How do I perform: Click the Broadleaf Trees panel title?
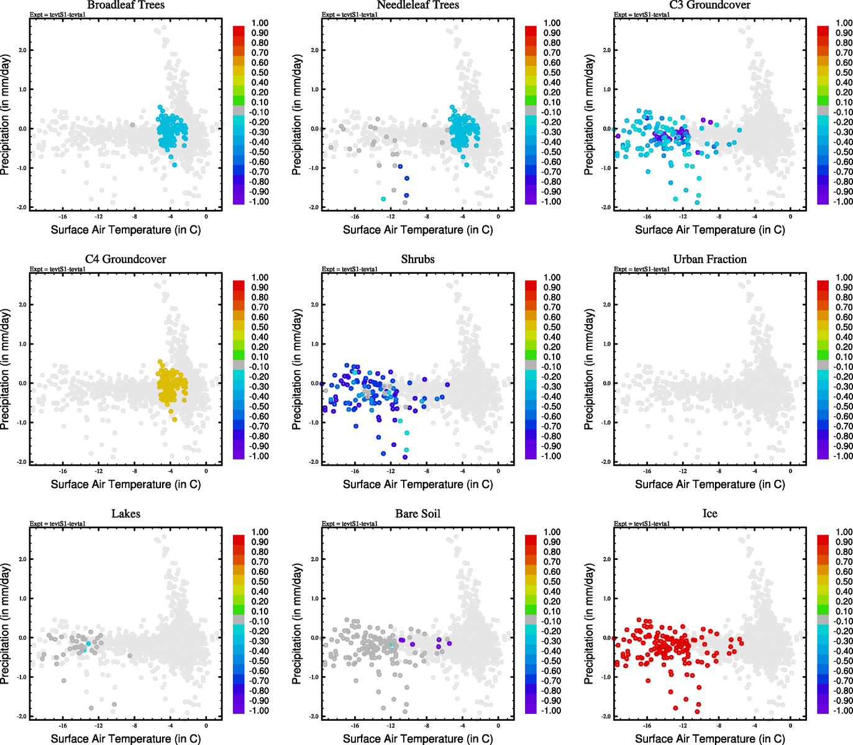click(125, 5)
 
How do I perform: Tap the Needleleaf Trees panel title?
click(417, 5)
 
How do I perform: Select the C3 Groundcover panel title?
click(709, 5)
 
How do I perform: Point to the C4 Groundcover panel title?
click(125, 259)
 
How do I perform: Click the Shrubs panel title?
click(417, 259)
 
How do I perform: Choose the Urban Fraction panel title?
click(709, 259)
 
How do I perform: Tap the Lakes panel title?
click(125, 513)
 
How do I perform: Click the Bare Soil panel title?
click(417, 513)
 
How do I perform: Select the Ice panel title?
click(709, 513)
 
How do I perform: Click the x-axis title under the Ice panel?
click(709, 738)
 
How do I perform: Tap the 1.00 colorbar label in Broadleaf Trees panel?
click(260, 23)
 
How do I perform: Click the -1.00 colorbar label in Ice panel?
click(843, 710)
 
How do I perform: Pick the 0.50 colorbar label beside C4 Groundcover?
click(260, 327)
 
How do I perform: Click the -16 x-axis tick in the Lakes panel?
click(63, 725)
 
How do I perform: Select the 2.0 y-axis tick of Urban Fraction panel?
click(606, 305)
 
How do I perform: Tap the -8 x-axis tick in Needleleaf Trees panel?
click(427, 217)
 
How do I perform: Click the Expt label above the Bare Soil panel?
click(350, 523)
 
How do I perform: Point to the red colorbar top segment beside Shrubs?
click(531, 285)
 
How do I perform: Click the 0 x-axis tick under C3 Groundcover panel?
click(790, 217)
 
